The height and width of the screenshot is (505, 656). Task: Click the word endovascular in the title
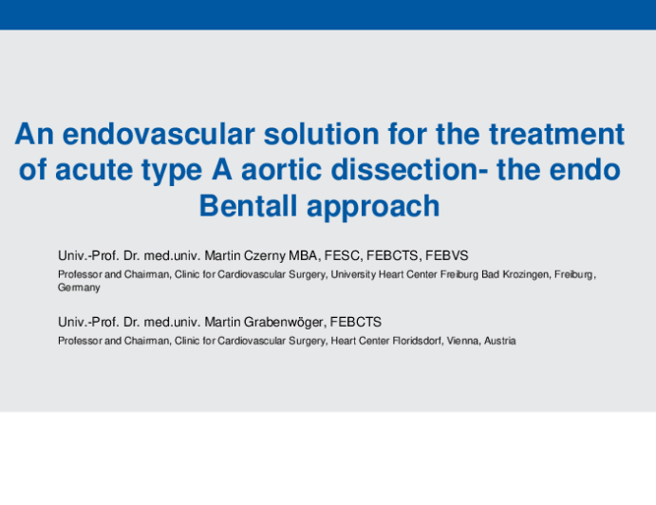(x=159, y=134)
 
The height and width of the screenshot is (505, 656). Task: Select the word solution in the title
(x=321, y=134)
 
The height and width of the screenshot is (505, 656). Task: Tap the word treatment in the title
(x=557, y=134)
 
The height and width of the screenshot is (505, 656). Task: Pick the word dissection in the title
(x=404, y=170)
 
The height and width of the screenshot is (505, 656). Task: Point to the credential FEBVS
(x=447, y=255)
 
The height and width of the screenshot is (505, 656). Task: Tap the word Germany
(x=79, y=288)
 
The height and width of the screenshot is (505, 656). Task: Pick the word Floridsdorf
(x=417, y=341)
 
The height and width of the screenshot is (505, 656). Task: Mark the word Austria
(x=500, y=341)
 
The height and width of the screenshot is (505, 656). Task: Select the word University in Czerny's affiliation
(x=353, y=274)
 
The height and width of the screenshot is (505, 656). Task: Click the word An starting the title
(x=34, y=134)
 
